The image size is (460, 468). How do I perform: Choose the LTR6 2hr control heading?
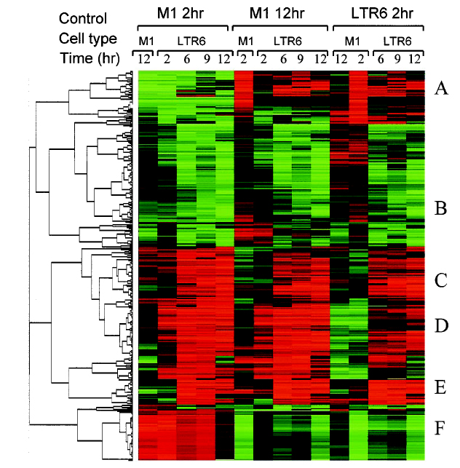tap(377, 14)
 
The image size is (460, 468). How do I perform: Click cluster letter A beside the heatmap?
tap(440, 89)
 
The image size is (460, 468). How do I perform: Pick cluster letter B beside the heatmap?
tap(440, 210)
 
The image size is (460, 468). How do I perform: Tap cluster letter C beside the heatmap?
tap(440, 280)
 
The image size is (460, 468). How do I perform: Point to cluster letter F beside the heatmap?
tap(440, 428)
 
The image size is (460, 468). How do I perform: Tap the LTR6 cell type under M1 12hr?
tap(289, 40)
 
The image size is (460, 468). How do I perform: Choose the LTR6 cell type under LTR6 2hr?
tap(397, 40)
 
